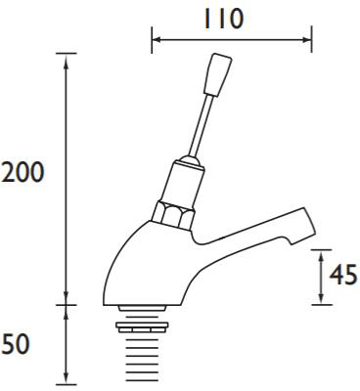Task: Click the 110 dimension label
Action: (x=231, y=18)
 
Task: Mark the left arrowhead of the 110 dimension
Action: (x=156, y=40)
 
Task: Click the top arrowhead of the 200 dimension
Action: (x=67, y=58)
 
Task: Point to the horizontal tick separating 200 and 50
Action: (x=67, y=304)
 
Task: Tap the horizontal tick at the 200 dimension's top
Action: (x=67, y=53)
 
